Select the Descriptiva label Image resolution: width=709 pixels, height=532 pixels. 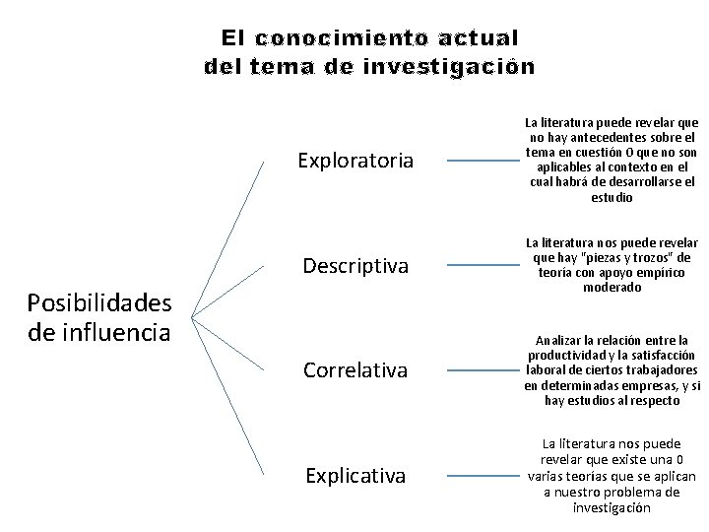tap(355, 266)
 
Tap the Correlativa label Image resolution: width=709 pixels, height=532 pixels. tap(355, 371)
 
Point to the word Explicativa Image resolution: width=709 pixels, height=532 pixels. tap(355, 477)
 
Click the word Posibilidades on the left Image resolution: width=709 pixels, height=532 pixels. tap(99, 302)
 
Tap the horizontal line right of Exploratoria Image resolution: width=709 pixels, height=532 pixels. tap(482, 160)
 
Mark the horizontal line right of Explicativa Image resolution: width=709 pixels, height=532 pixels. tap(482, 477)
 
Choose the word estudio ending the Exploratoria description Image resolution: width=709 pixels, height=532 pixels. tap(612, 197)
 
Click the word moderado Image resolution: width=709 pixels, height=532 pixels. tap(612, 288)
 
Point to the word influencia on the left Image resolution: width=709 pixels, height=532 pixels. tap(99, 331)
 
